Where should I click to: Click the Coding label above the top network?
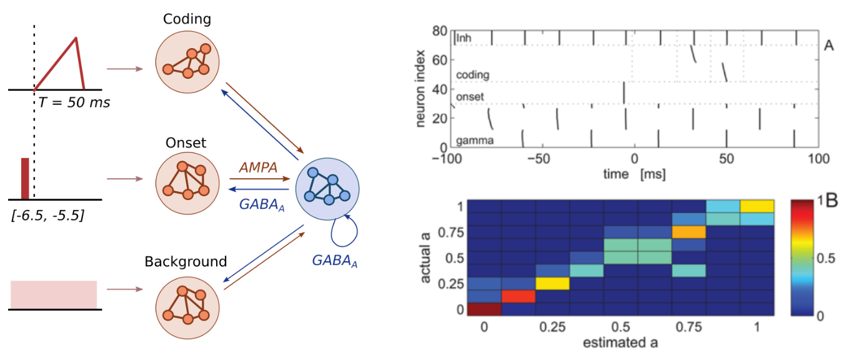point(187,19)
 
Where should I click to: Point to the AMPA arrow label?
point(257,167)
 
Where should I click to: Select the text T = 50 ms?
point(74,102)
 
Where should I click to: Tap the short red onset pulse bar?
point(25,178)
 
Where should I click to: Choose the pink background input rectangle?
point(54,294)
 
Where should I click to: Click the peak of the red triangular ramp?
point(76,38)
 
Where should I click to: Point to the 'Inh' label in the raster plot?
point(463,39)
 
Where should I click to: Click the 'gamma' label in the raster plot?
point(475,141)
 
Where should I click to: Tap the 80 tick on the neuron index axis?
point(440,30)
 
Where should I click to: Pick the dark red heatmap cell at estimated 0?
point(484,309)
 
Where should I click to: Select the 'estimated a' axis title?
point(622,342)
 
